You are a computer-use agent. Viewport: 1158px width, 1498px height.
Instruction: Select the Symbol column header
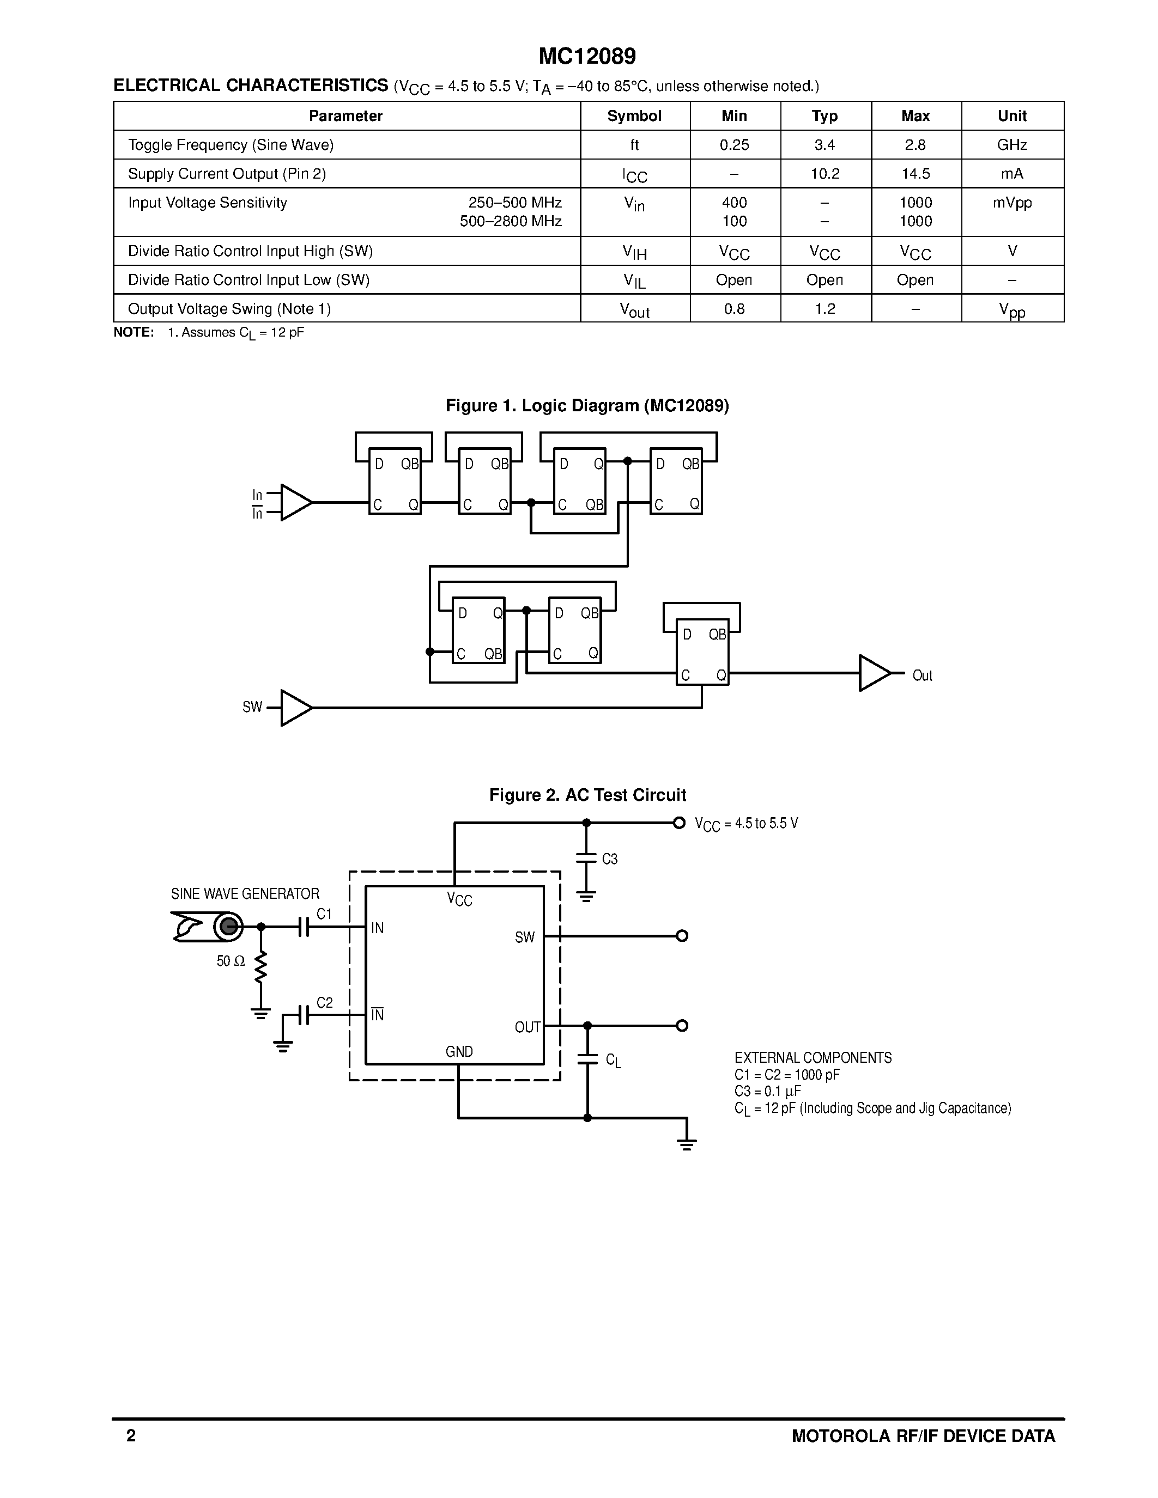[x=634, y=116]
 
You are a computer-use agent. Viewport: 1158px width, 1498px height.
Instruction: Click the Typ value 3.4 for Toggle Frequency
[x=824, y=145]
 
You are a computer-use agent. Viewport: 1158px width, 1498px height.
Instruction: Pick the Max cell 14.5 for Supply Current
[x=915, y=174]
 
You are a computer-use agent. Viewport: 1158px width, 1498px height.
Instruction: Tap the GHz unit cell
[x=1012, y=145]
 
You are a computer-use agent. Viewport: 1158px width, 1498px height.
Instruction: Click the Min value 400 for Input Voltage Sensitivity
[x=734, y=202]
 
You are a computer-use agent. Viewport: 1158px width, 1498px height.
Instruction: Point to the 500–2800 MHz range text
[x=511, y=221]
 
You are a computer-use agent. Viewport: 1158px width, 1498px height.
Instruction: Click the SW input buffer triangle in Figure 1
[x=295, y=707]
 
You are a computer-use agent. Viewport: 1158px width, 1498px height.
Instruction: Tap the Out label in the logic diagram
[x=922, y=675]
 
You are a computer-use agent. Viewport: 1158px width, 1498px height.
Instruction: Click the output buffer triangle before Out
[x=874, y=673]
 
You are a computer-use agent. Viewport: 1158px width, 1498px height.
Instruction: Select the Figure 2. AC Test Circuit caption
[x=587, y=795]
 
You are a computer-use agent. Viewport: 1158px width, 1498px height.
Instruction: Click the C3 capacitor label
[x=609, y=858]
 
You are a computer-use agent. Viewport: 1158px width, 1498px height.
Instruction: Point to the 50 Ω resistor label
[x=231, y=961]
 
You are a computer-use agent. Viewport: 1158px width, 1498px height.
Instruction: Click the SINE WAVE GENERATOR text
[x=245, y=894]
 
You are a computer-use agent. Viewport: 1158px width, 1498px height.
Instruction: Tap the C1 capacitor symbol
[x=305, y=927]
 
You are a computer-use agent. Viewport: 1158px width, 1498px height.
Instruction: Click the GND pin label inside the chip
[x=459, y=1051]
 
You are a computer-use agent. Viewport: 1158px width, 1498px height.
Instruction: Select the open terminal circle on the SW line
[x=682, y=935]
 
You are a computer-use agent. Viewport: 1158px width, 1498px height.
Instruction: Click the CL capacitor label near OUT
[x=613, y=1061]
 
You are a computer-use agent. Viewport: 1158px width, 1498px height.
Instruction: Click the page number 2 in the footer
[x=131, y=1435]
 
